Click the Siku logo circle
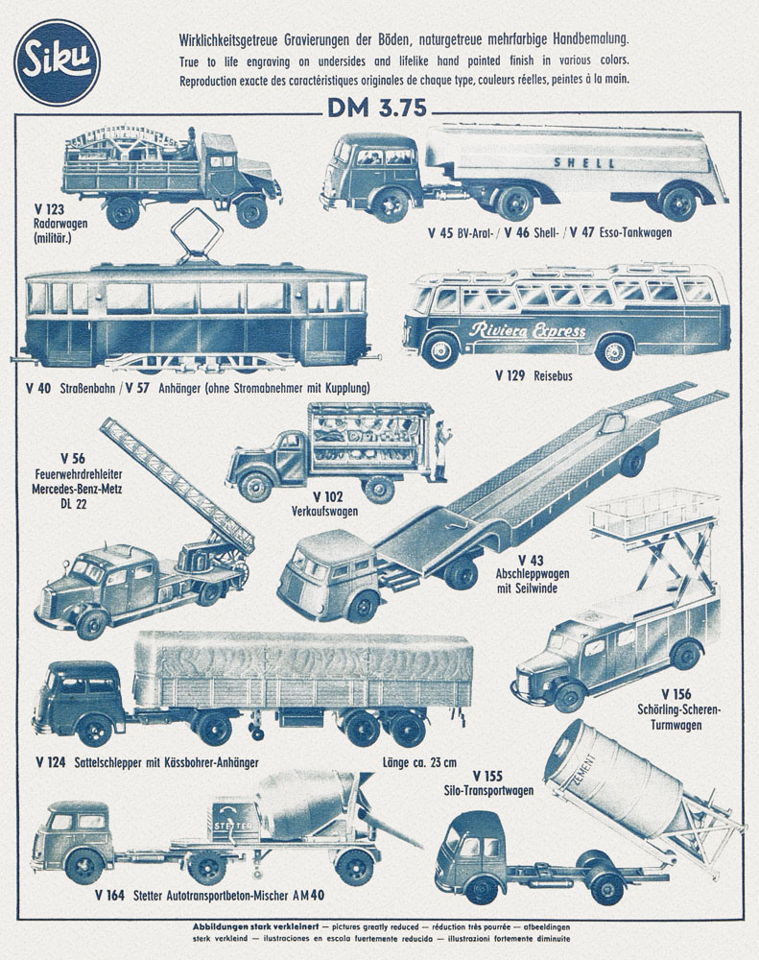coord(57,63)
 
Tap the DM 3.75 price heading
coord(377,108)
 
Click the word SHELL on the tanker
coord(584,163)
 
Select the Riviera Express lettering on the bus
coord(527,330)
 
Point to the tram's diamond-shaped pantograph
coord(196,234)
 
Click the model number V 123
coord(49,210)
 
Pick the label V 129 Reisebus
coord(534,376)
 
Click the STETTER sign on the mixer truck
coord(232,826)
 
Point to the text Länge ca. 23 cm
coord(419,762)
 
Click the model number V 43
coord(531,561)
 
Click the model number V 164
coord(109,896)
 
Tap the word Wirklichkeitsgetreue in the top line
coord(229,41)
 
